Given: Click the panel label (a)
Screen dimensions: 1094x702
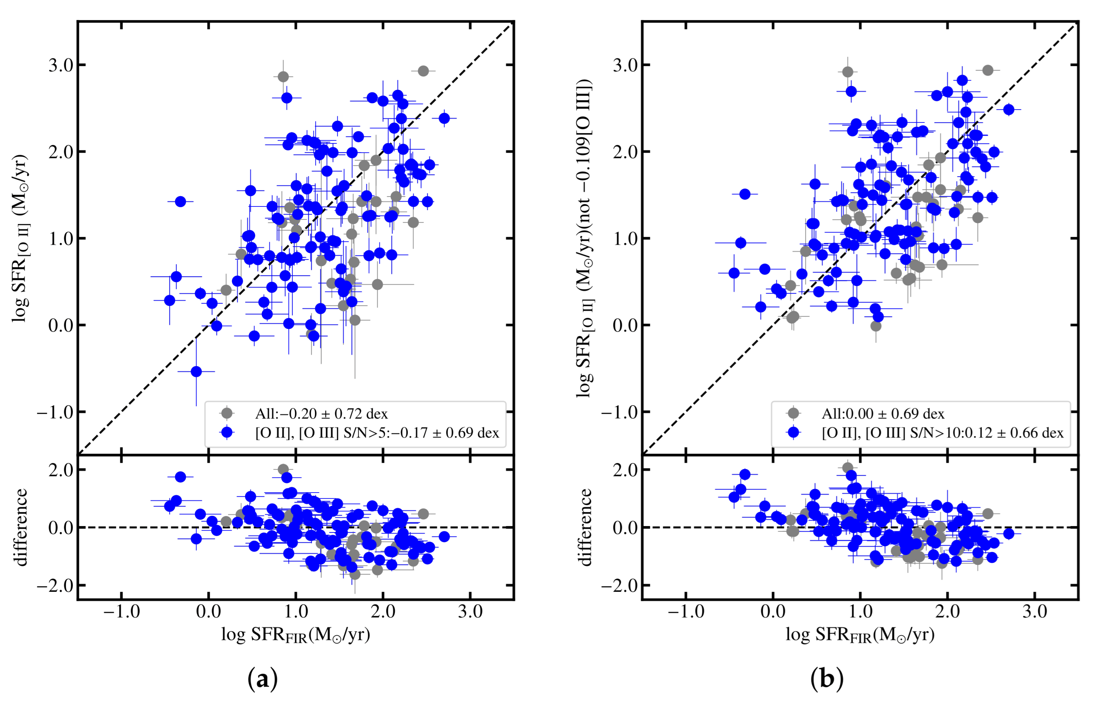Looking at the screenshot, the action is point(262,679).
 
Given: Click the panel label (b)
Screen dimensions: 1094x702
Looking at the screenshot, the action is point(827,679).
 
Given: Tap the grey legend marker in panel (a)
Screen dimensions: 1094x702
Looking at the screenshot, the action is point(227,413).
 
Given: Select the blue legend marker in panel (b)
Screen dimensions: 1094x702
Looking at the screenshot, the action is point(793,432).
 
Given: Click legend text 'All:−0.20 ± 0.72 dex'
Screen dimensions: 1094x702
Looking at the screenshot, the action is point(321,414).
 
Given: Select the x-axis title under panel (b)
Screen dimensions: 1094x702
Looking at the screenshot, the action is point(860,635).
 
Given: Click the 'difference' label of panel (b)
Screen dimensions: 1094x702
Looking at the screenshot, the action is point(585,527).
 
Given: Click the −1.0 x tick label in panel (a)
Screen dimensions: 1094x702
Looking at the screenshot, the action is point(122,611).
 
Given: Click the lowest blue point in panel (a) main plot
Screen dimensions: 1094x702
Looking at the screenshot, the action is point(196,372).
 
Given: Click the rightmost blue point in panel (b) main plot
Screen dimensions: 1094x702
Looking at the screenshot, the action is point(1009,110).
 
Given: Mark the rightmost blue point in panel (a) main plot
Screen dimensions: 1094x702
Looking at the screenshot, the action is point(444,118).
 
